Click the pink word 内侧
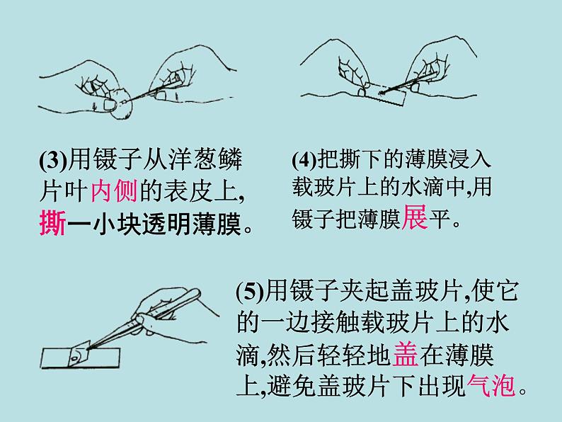click(x=114, y=191)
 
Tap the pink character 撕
click(x=52, y=224)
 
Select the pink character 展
click(x=415, y=217)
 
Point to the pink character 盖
click(x=406, y=355)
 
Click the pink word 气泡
click(x=491, y=385)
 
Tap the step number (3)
click(x=53, y=160)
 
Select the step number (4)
click(x=304, y=159)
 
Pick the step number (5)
click(x=250, y=292)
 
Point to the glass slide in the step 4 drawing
click(x=384, y=94)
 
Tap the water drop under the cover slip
click(x=74, y=358)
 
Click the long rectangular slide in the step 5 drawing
click(x=80, y=358)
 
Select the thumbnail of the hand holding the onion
click(x=109, y=105)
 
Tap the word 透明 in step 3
click(x=166, y=224)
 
